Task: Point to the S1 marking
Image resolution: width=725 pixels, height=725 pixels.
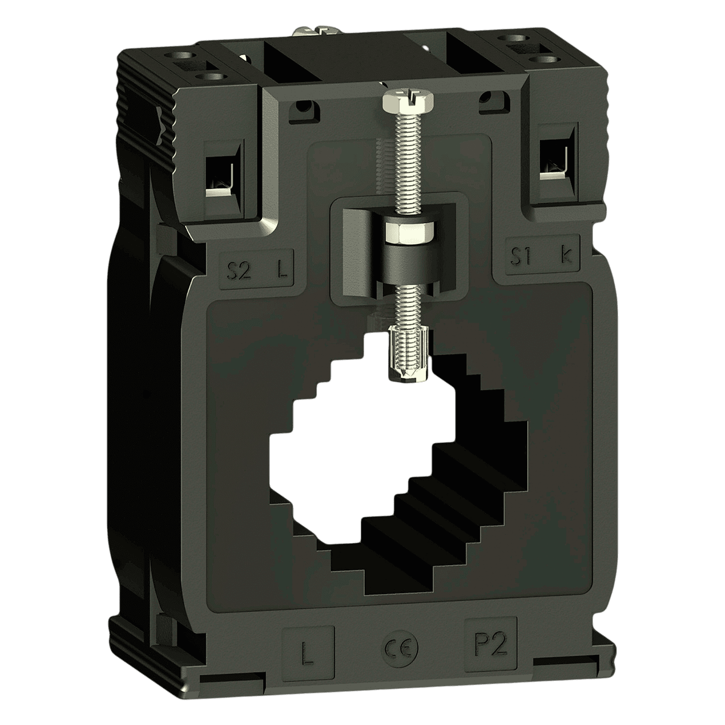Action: [x=522, y=257]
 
